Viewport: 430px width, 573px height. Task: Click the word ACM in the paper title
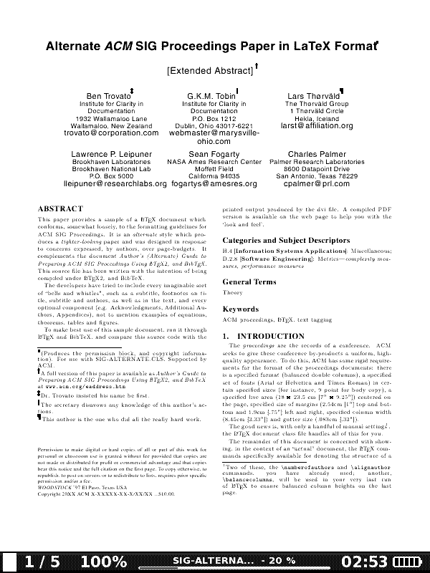118,47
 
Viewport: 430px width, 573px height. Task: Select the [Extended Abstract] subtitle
210,71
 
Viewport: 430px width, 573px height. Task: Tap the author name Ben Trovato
105,96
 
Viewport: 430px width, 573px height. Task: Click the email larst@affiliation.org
317,126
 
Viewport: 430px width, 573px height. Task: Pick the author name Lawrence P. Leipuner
111,154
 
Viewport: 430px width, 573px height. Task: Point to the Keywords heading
240,309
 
